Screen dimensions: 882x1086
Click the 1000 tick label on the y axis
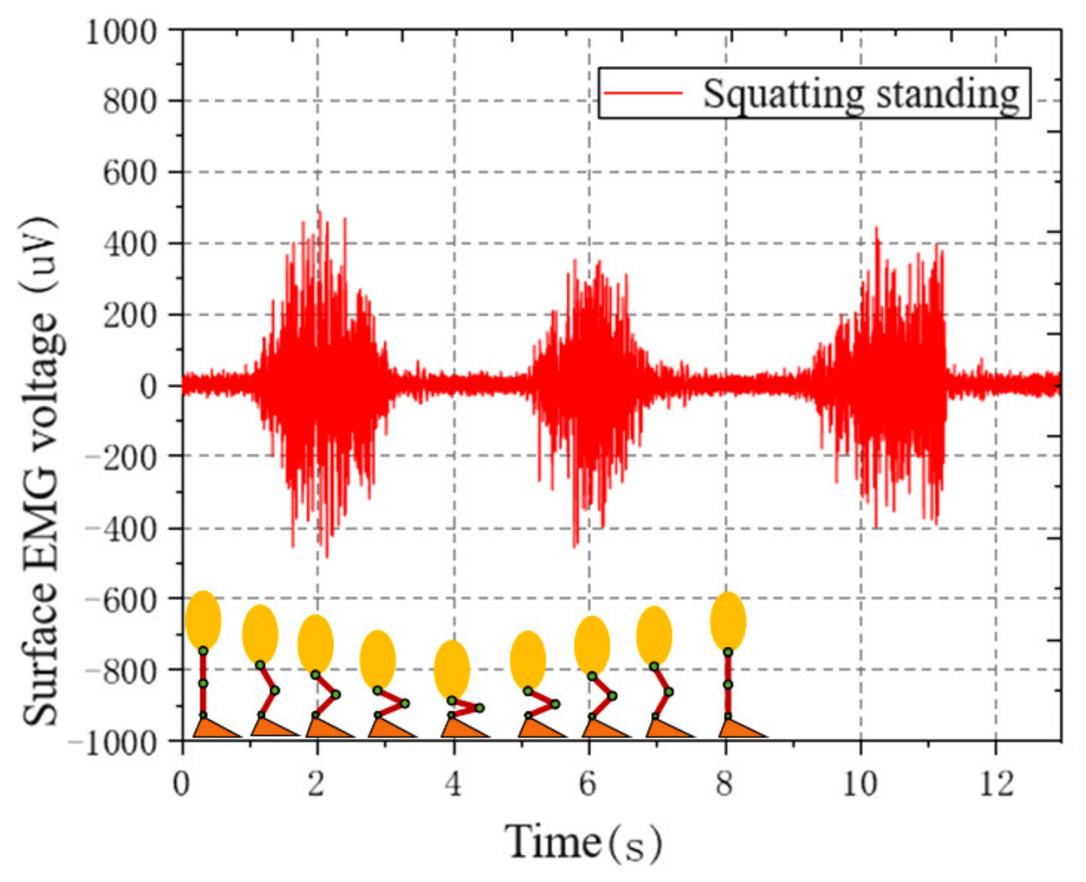[120, 32]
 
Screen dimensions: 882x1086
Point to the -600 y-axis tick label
[120, 600]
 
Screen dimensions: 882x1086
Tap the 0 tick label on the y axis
[149, 387]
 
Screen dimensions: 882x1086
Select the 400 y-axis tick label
[130, 245]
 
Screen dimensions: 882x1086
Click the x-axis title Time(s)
[582, 842]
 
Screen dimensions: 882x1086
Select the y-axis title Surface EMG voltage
[42, 470]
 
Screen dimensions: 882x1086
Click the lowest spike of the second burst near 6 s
[575, 546]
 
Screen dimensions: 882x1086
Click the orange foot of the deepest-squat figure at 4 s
[462, 728]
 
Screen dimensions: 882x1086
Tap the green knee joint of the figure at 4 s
[479, 708]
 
